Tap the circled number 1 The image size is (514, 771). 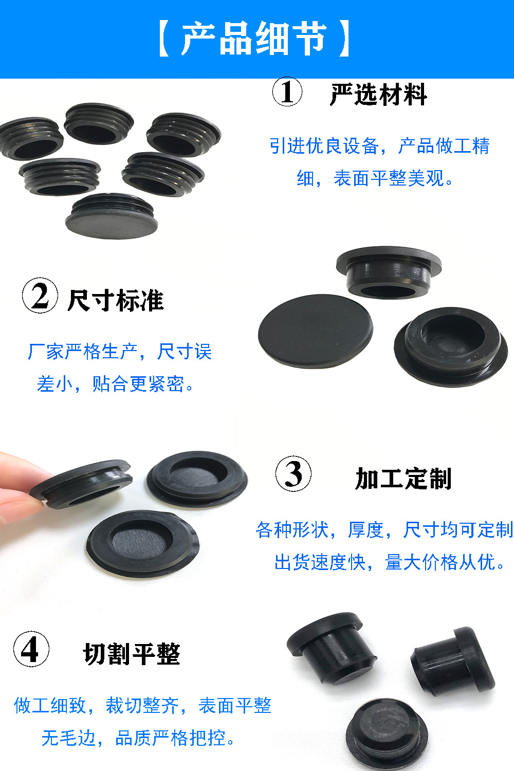287,92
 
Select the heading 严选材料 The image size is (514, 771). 378,95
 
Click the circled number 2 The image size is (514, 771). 40,296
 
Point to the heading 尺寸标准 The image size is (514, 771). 116,300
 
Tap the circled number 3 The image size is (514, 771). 293,473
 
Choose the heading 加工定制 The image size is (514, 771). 403,479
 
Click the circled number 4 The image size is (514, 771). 31,649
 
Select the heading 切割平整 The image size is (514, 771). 132,654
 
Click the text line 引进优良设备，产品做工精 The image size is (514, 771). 379,146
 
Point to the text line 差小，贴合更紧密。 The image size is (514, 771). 116,383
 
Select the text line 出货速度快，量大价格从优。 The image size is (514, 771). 391,562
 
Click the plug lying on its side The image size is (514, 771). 452,660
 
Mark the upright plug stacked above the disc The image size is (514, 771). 389,272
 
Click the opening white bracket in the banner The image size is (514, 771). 164,39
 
